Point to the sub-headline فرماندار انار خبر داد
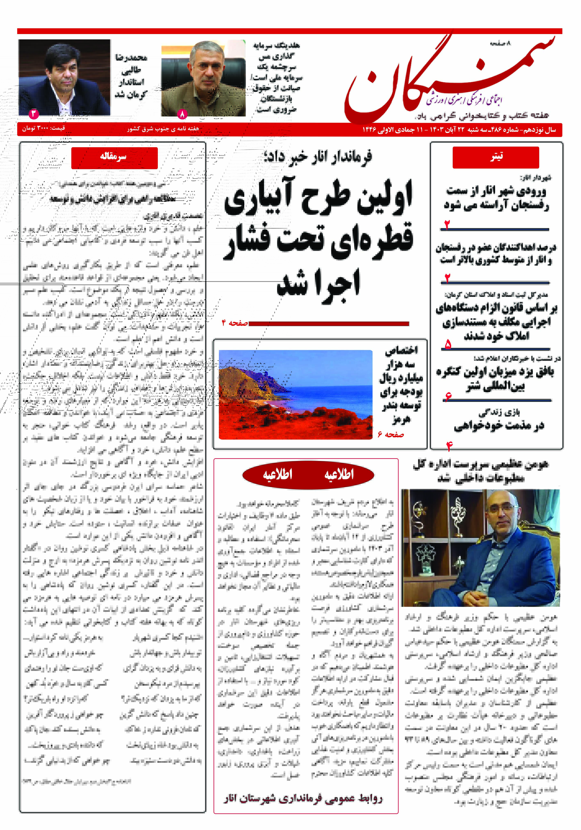[318, 157]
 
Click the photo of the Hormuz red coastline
[296, 394]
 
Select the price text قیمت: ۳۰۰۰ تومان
[43, 128]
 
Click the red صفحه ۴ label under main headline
[235, 323]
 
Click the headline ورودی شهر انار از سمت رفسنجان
[496, 198]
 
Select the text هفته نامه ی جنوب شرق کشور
[163, 129]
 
